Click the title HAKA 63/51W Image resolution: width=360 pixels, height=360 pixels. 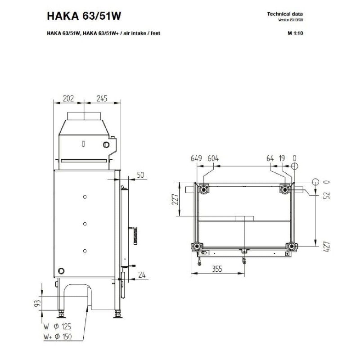(84, 16)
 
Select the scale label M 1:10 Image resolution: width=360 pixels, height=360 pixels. (295, 33)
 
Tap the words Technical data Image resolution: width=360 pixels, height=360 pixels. (285, 14)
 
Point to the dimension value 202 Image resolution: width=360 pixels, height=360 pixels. (68, 99)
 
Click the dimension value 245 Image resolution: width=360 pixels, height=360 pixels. (102, 99)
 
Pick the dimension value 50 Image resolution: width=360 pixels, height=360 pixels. (140, 175)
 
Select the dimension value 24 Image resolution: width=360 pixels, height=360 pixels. (142, 275)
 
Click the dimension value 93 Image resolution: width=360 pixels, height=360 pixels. (38, 303)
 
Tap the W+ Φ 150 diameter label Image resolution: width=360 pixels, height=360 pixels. (58, 337)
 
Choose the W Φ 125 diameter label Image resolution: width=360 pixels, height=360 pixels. (57, 326)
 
